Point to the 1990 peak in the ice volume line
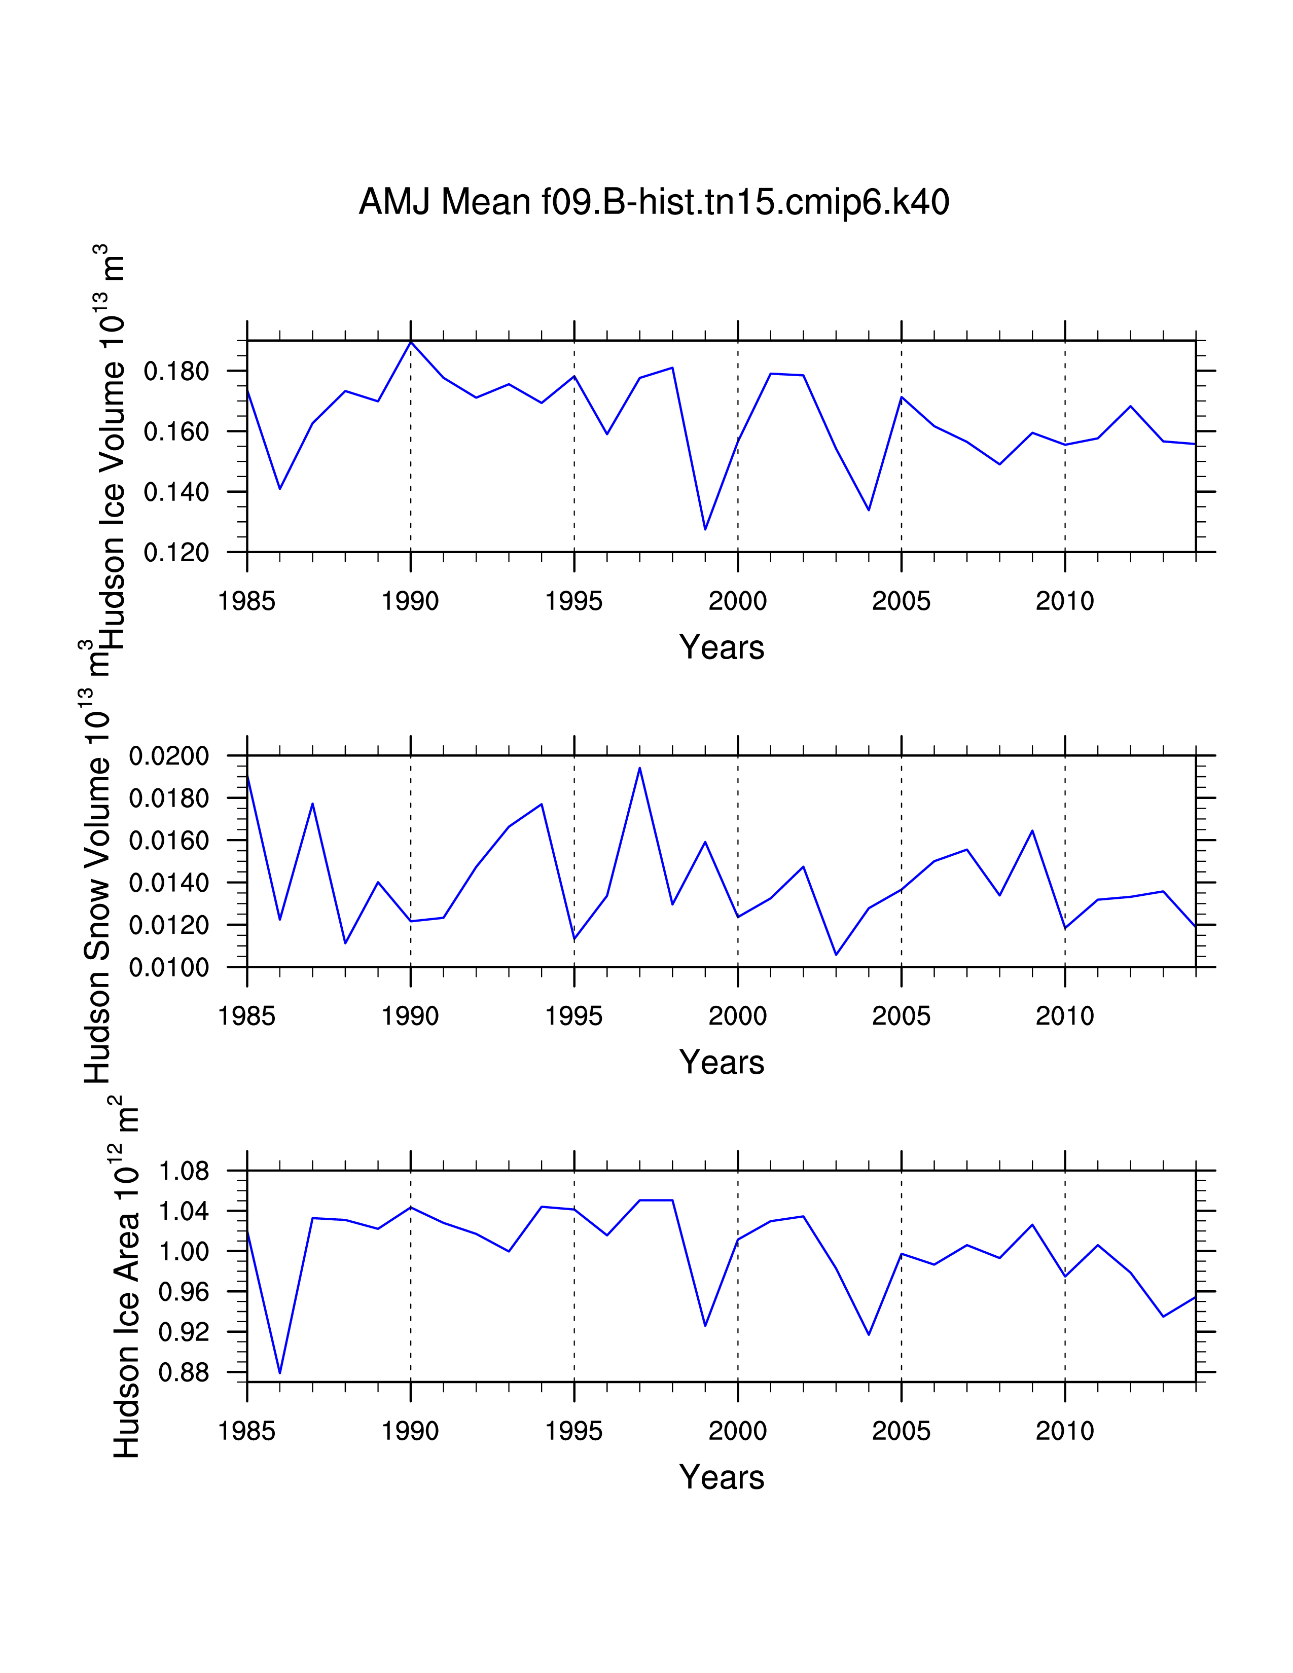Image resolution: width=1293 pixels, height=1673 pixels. (x=411, y=342)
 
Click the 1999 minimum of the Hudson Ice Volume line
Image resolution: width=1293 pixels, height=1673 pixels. (x=705, y=529)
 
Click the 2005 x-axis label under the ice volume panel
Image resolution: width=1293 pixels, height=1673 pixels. (x=901, y=601)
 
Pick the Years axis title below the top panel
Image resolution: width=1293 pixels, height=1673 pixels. (x=721, y=647)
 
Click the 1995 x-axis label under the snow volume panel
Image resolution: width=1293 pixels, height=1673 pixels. (x=573, y=1016)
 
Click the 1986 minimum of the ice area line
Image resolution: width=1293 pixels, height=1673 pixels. (x=279, y=1373)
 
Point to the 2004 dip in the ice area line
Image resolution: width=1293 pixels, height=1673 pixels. (x=869, y=1334)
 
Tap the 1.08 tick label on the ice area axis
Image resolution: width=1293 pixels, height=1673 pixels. (x=184, y=1171)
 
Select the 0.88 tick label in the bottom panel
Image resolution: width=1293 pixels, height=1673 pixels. (x=184, y=1372)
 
